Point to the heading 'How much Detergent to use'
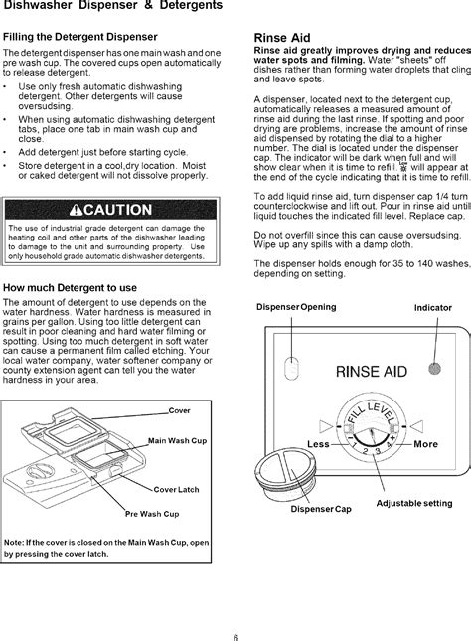[x=70, y=288]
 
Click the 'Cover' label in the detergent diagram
[x=180, y=409]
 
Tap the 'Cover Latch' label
[x=175, y=490]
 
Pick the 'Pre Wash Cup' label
[x=151, y=514]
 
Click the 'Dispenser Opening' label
[x=297, y=306]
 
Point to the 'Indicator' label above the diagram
[x=432, y=307]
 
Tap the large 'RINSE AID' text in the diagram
[x=373, y=372]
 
